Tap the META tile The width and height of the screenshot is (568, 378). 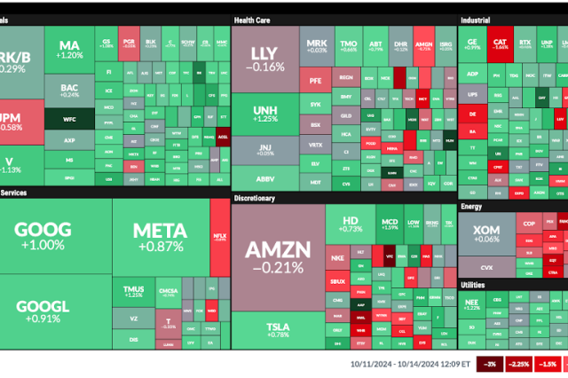coord(160,235)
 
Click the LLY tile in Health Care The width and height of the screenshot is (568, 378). coord(266,57)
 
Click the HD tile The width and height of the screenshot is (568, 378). coord(349,224)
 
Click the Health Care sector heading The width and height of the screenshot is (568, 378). coord(253,19)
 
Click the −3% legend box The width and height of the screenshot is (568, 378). coord(490,364)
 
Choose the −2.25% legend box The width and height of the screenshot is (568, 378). coord(518,364)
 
